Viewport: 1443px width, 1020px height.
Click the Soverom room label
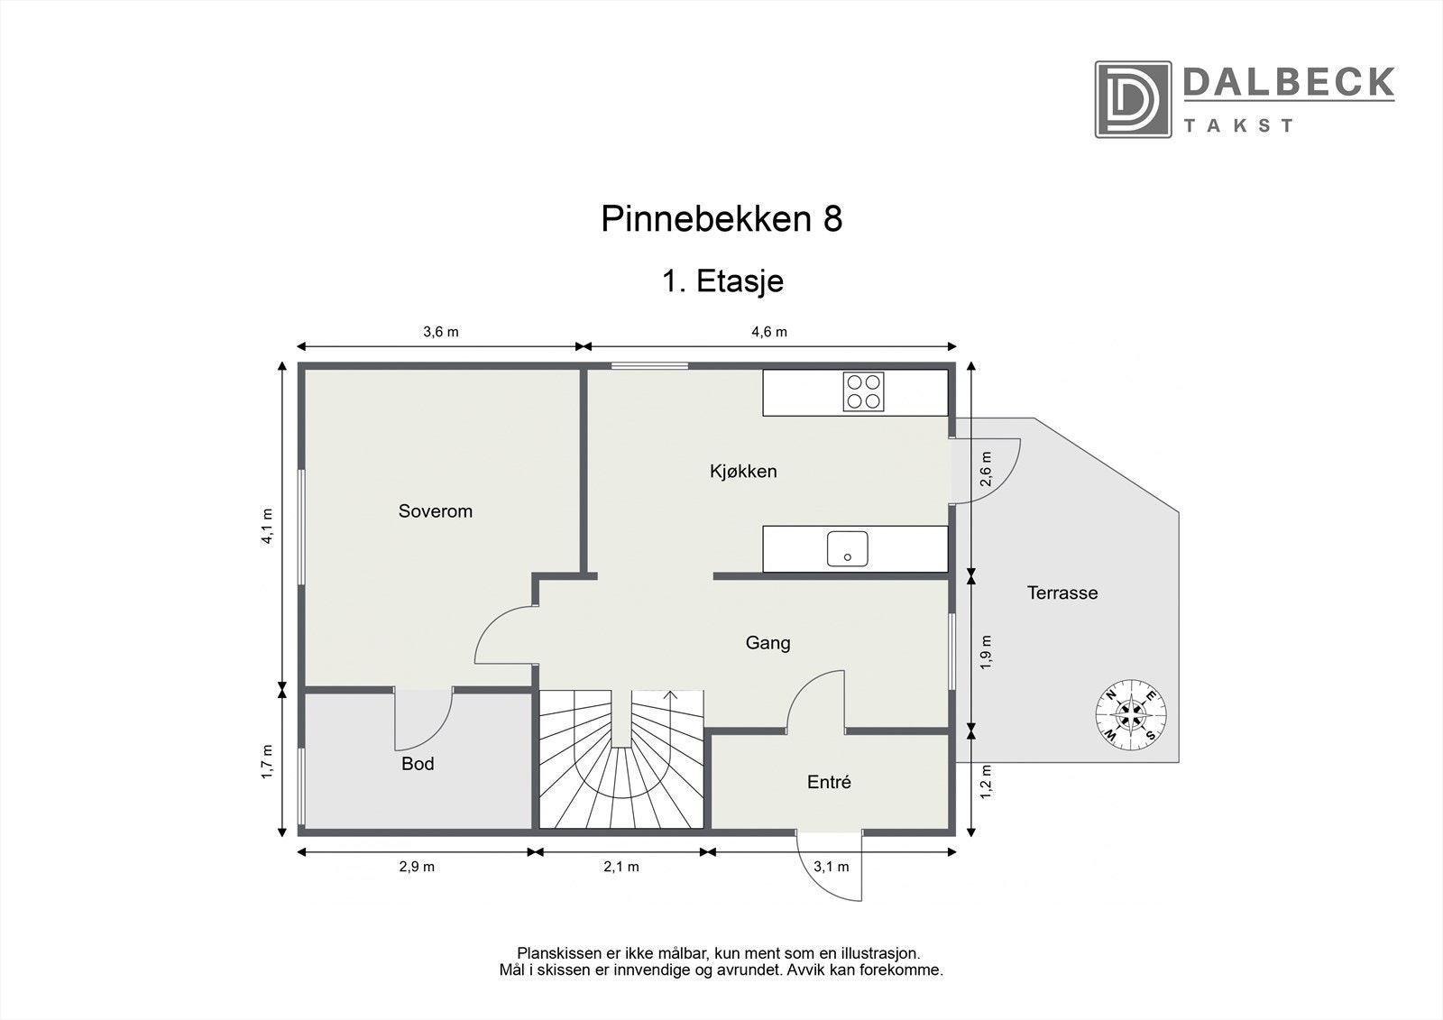click(x=436, y=511)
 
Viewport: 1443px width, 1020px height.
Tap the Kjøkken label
click(x=743, y=471)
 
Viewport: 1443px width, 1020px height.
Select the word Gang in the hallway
click(x=767, y=643)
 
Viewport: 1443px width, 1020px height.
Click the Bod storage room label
click(x=418, y=764)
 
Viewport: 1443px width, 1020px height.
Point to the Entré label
click(x=829, y=782)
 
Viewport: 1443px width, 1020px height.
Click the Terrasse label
click(x=1062, y=593)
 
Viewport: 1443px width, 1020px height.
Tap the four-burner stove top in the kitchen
click(x=863, y=391)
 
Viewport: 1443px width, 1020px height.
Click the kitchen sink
click(x=847, y=548)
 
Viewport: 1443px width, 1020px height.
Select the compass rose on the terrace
click(x=1131, y=713)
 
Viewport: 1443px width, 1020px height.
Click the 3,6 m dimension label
click(x=441, y=332)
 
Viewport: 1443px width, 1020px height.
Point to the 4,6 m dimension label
click(x=769, y=332)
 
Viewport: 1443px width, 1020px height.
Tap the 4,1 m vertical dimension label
click(x=267, y=526)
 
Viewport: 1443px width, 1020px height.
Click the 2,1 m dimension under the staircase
click(x=621, y=867)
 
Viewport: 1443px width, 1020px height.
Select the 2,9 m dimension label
click(x=417, y=867)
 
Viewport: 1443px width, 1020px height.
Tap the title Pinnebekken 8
click(x=721, y=219)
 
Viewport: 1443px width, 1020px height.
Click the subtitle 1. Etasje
click(x=722, y=281)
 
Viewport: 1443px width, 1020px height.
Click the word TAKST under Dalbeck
click(x=1238, y=125)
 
